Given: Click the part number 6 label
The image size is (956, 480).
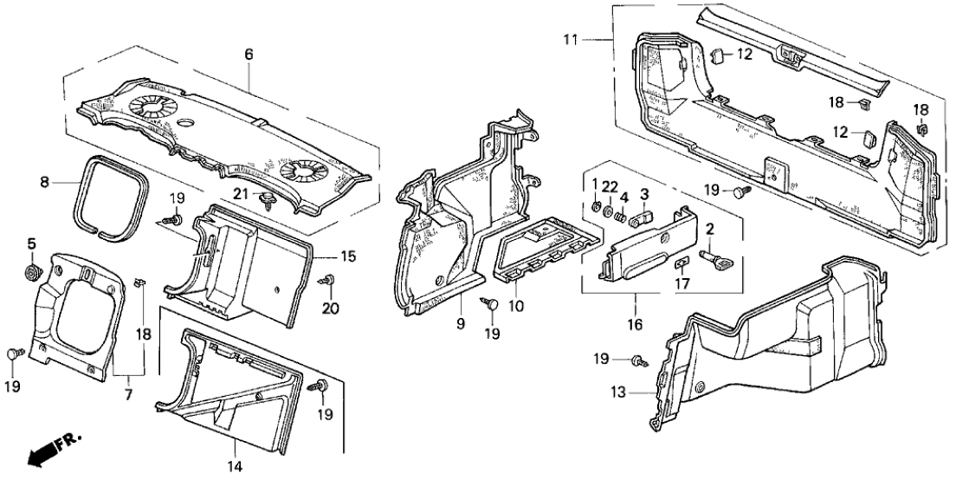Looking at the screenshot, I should (249, 54).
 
